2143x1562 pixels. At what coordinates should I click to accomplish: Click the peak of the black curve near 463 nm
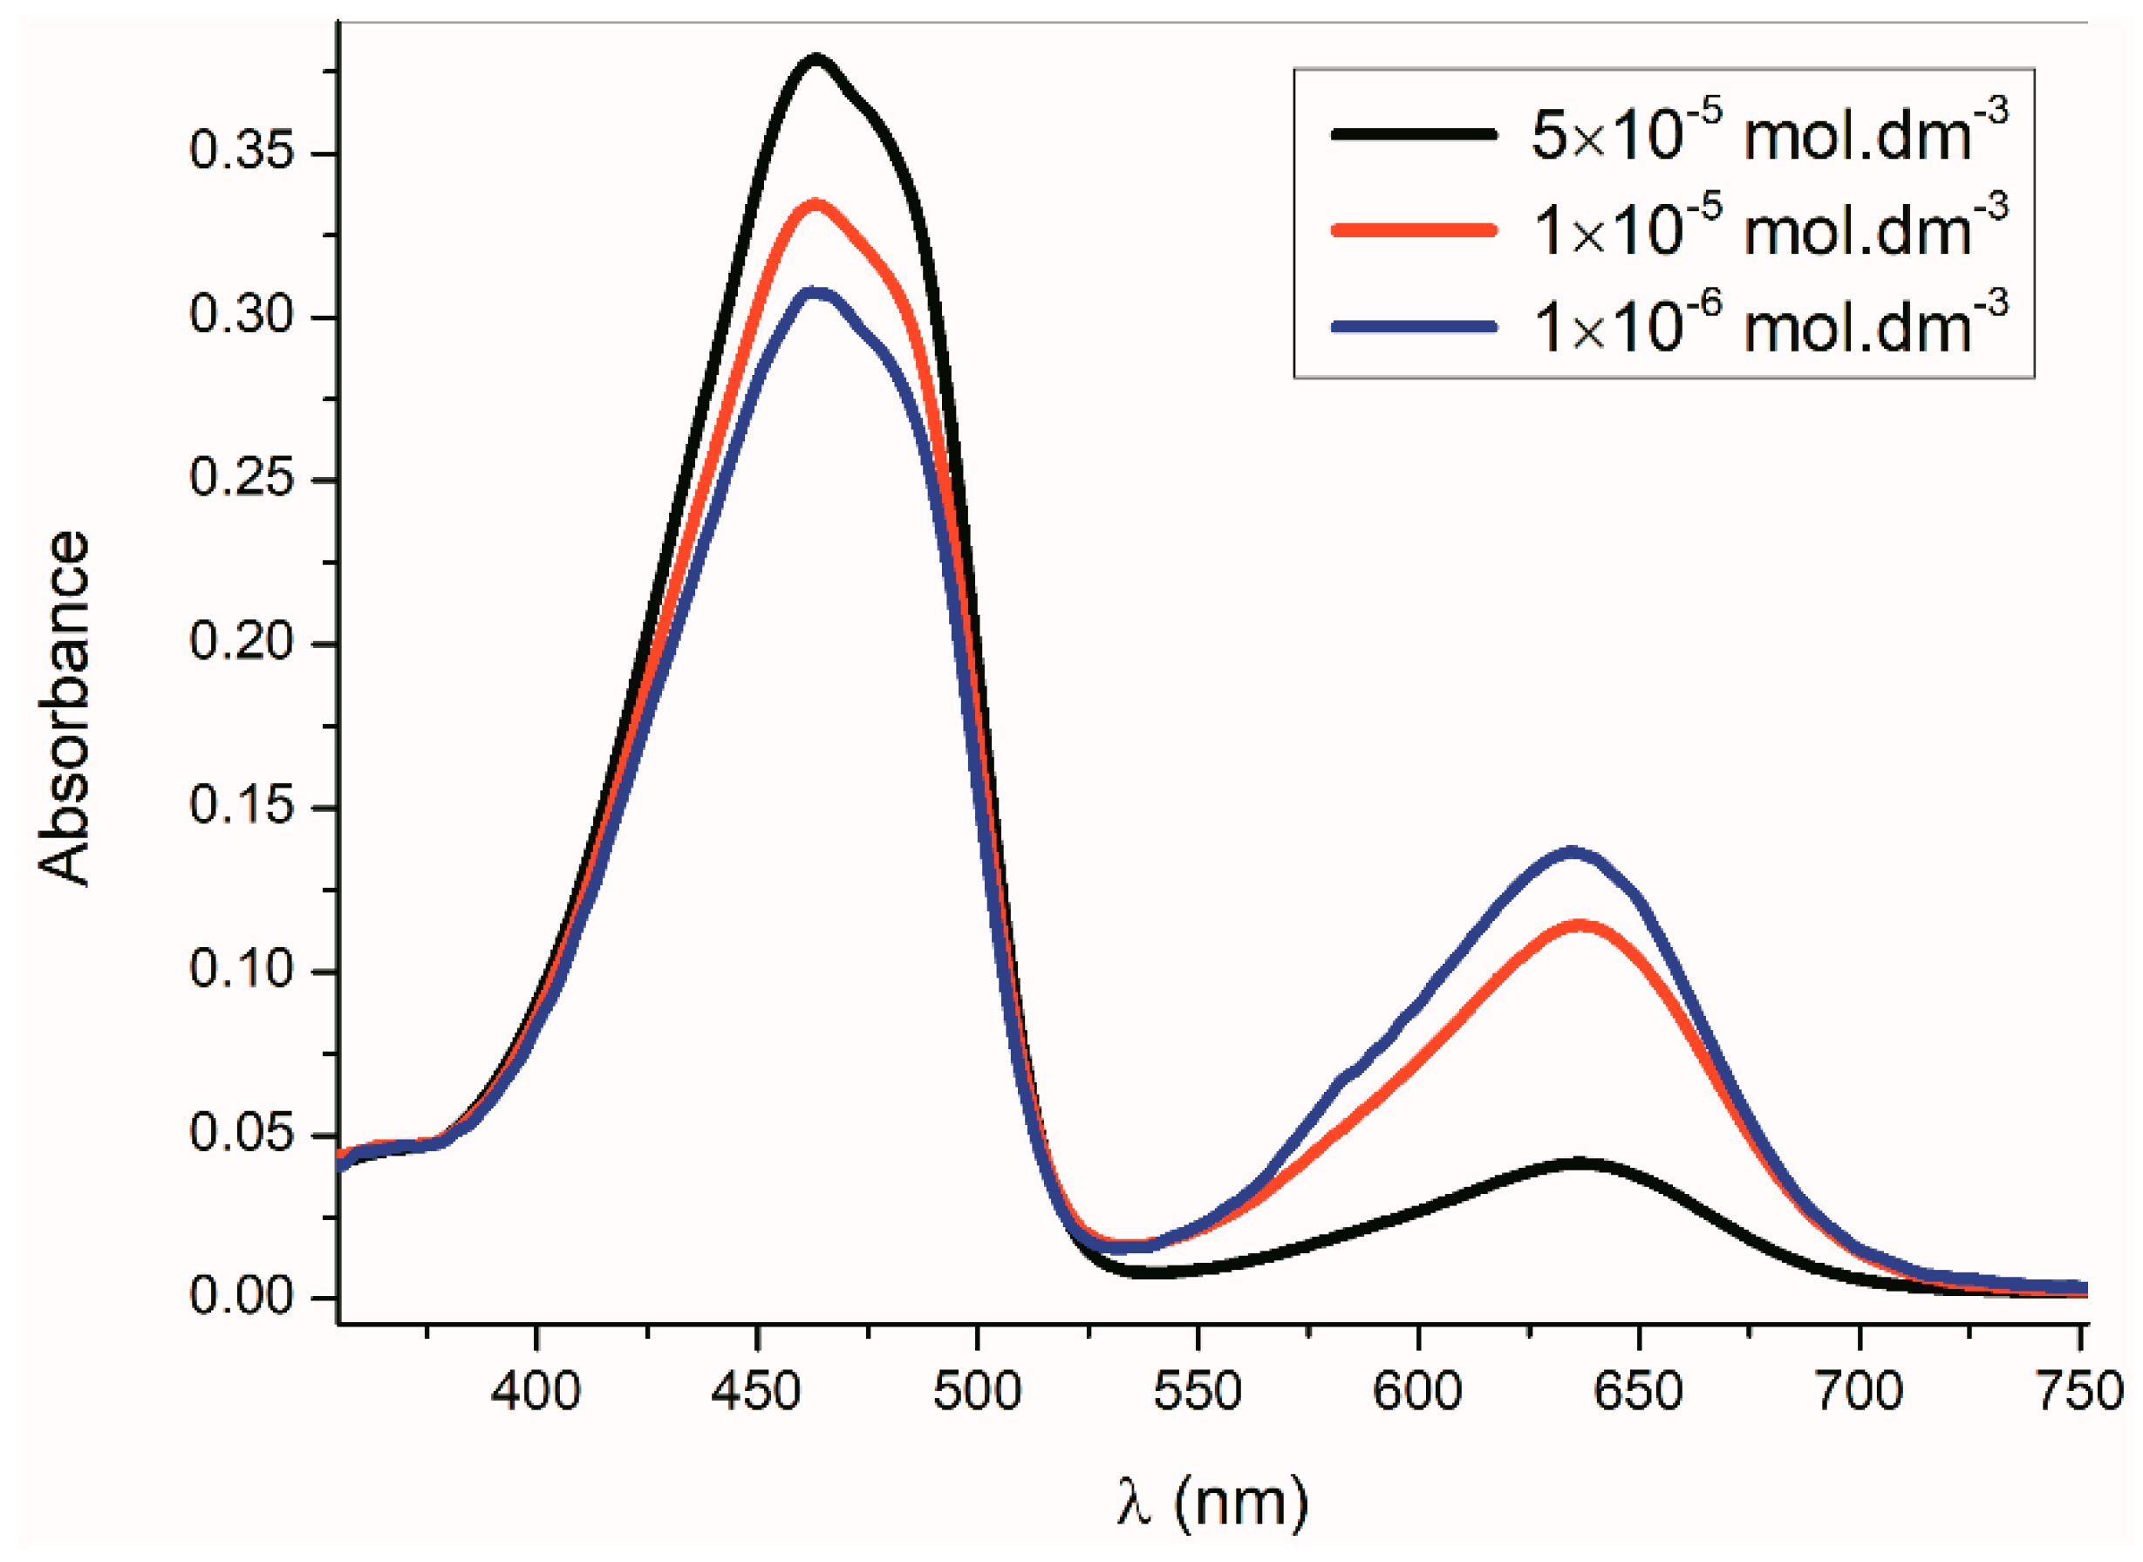tap(816, 60)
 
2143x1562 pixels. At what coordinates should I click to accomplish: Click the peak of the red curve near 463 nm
tap(816, 205)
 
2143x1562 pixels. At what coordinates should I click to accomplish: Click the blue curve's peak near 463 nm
tap(816, 293)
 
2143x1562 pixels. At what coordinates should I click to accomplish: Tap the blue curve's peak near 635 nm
tap(1573, 853)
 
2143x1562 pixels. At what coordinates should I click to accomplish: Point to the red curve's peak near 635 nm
tap(1578, 925)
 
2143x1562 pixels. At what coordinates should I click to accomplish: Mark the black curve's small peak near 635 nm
tap(1578, 1163)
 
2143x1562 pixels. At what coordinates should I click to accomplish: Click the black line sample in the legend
tap(1414, 133)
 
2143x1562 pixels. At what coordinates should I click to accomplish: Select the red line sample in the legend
tap(1414, 229)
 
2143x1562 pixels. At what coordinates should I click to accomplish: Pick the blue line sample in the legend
tap(1414, 326)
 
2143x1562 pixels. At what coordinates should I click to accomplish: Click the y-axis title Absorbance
tap(65, 709)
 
